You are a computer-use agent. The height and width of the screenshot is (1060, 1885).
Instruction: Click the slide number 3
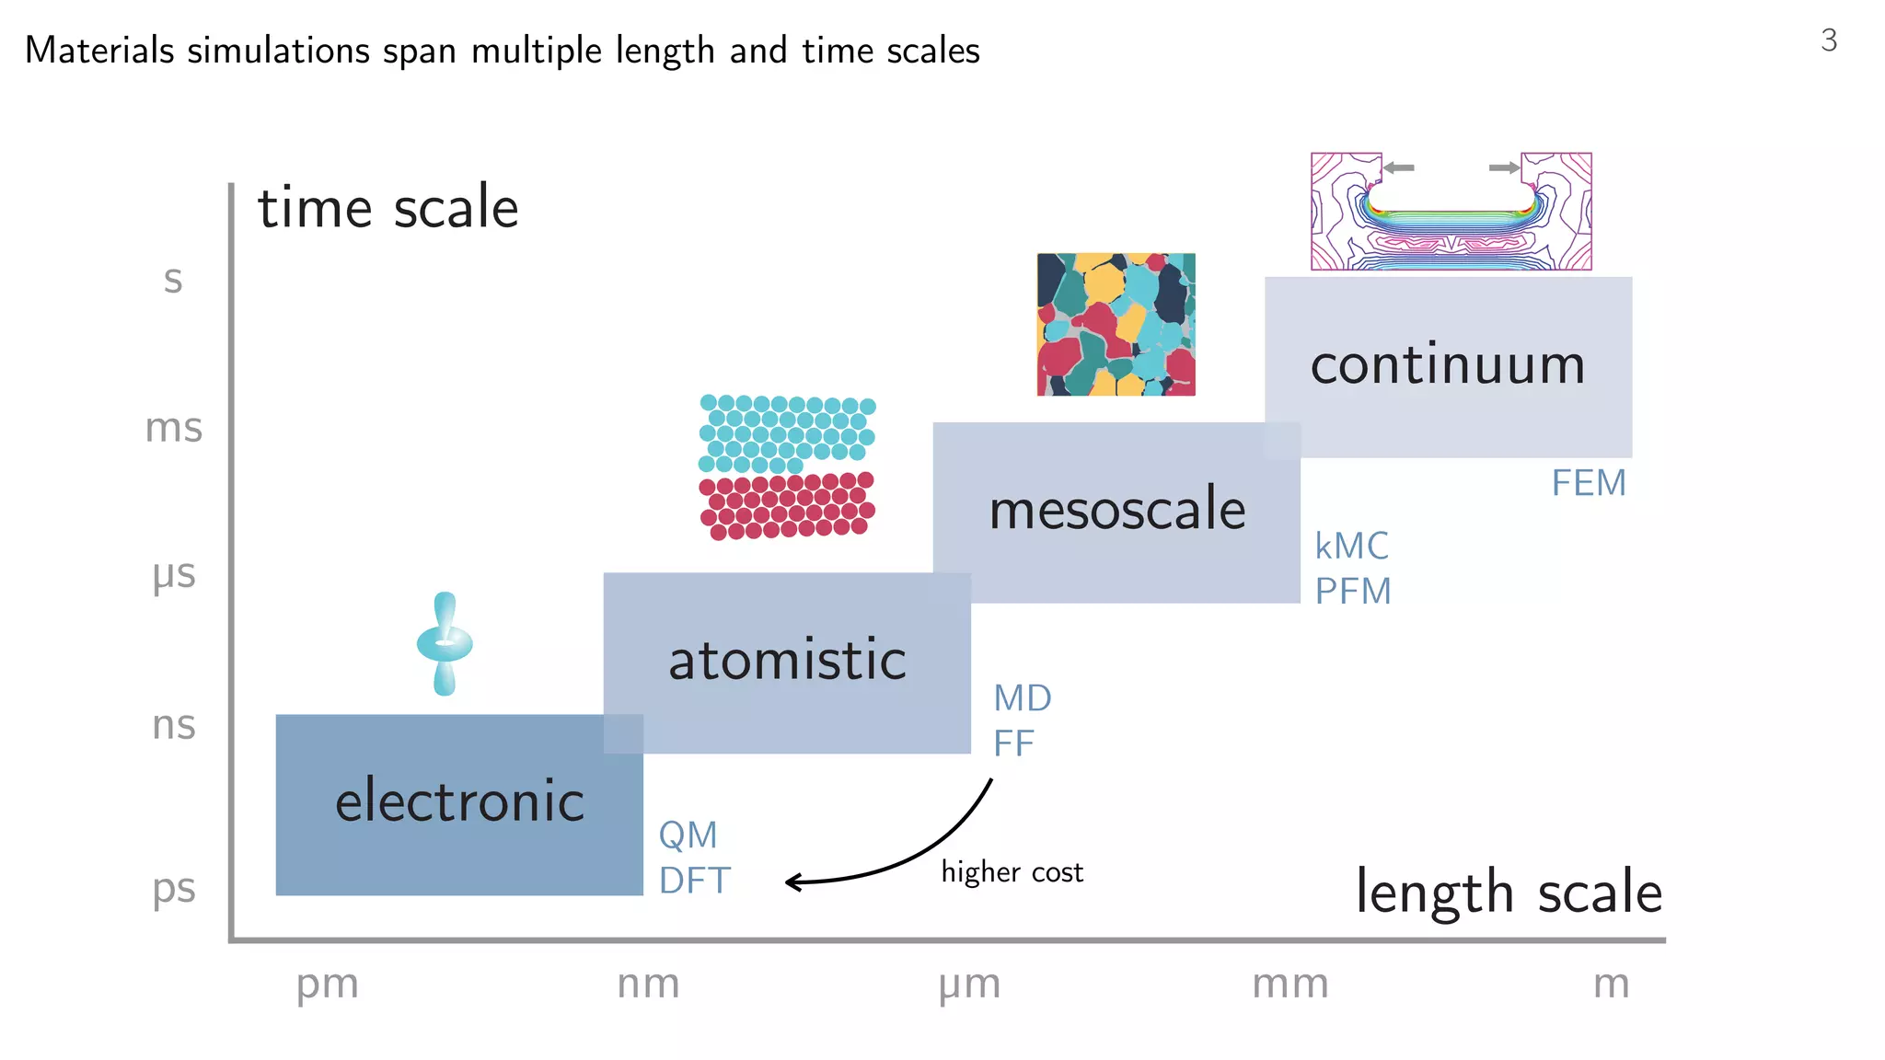(x=1828, y=40)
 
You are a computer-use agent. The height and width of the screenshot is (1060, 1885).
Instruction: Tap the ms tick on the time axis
(x=174, y=429)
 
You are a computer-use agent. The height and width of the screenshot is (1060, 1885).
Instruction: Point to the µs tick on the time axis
(x=174, y=575)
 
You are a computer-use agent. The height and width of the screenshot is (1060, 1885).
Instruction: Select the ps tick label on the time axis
(x=174, y=889)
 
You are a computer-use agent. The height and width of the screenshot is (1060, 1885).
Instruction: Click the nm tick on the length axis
(x=648, y=984)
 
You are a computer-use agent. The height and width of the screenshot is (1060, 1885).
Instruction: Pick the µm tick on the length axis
(x=969, y=985)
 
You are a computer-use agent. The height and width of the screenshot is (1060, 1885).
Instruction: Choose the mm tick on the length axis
(x=1290, y=985)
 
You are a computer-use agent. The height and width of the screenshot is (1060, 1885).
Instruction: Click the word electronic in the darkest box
(x=459, y=801)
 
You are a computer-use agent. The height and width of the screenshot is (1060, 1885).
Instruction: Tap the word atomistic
(x=787, y=660)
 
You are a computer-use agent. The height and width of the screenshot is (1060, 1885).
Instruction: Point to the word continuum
(x=1448, y=364)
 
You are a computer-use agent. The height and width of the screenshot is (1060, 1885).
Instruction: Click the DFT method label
(x=694, y=881)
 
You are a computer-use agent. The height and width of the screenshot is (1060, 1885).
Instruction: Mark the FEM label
(x=1589, y=483)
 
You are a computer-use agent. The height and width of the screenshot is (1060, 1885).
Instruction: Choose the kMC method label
(x=1351, y=547)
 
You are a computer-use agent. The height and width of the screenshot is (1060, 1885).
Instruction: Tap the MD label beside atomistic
(x=1022, y=698)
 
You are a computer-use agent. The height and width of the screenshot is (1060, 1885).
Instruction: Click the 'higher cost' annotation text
(x=1012, y=871)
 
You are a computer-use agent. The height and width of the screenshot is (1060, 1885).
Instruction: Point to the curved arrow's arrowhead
(x=792, y=882)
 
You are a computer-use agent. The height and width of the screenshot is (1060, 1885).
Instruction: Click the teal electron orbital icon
(x=445, y=643)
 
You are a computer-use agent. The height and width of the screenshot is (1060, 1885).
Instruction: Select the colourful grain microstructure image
(x=1116, y=325)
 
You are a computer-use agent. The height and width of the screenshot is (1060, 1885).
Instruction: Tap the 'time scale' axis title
(x=387, y=208)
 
